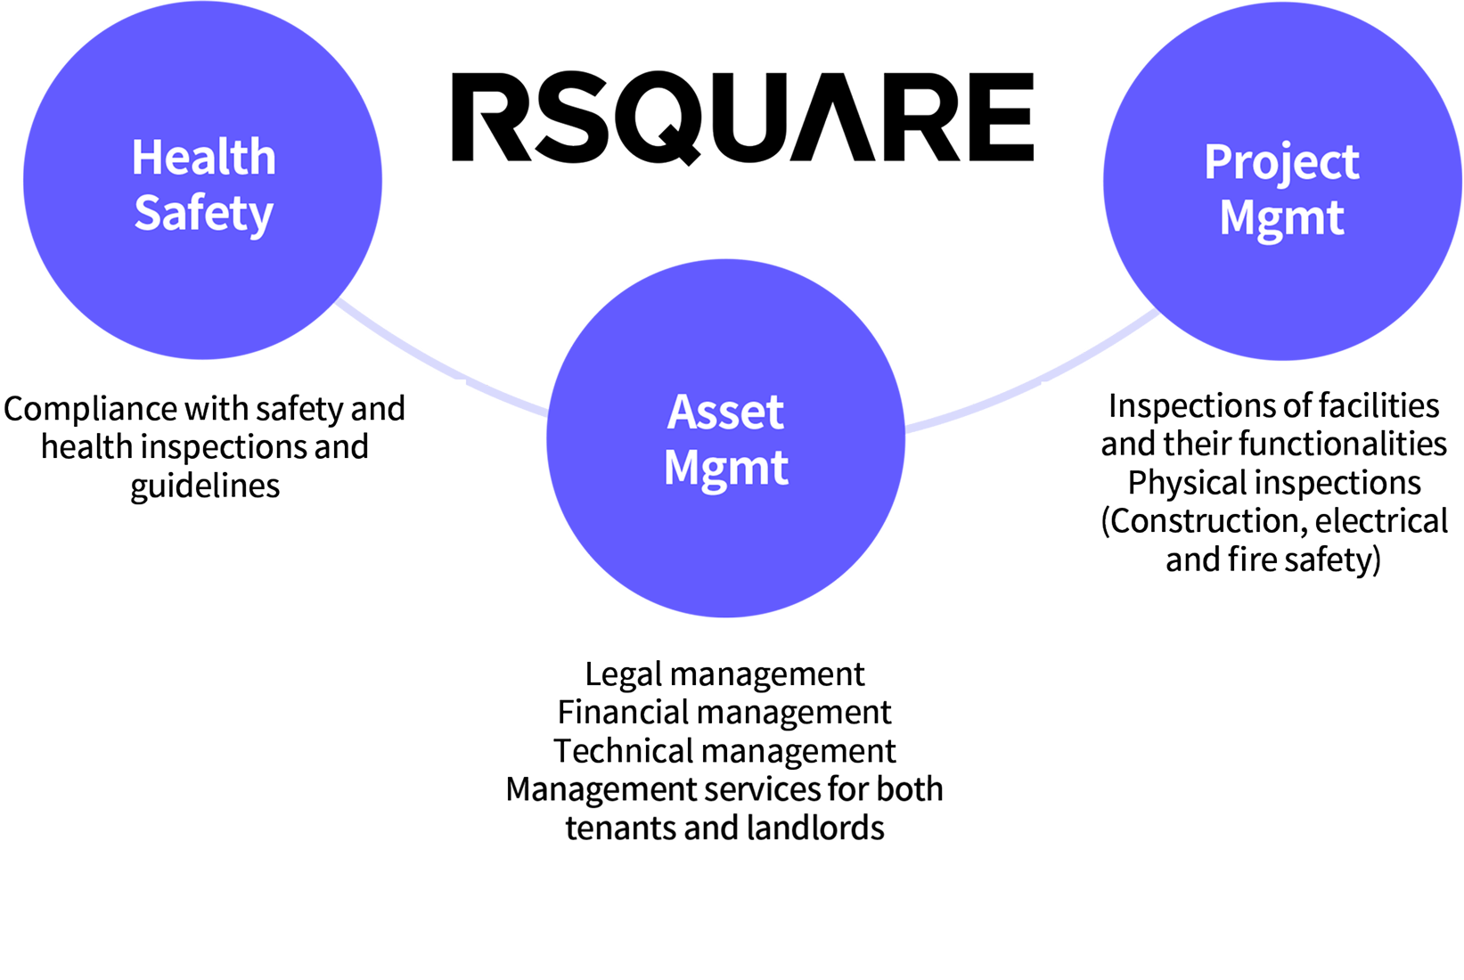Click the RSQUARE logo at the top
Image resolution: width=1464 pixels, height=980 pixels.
point(742,118)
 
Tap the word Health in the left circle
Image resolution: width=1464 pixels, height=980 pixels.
point(204,158)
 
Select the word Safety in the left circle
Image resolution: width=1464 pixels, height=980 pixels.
point(204,214)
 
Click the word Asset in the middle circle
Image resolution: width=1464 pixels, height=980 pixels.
point(725,412)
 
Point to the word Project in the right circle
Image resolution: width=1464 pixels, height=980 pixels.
point(1281,163)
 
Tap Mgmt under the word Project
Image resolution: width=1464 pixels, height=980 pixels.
point(1281,218)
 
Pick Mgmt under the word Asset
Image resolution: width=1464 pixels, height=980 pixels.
point(725,468)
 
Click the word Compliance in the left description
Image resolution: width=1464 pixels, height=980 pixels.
point(91,409)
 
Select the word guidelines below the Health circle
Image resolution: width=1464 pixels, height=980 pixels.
point(206,486)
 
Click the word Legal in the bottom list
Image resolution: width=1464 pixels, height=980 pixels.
point(623,674)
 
